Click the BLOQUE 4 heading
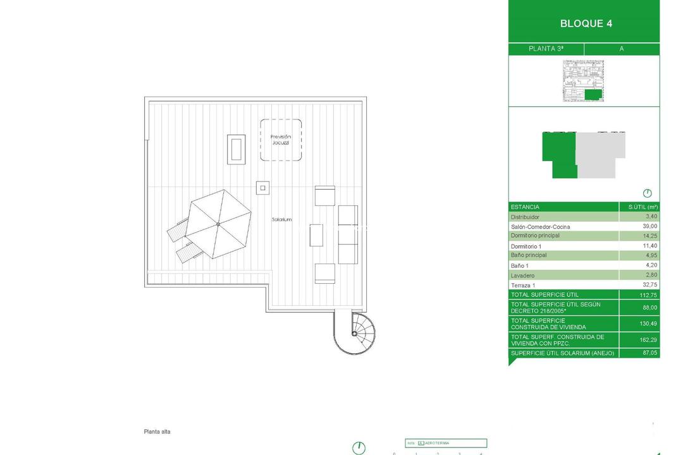(x=586, y=24)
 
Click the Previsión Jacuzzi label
(x=280, y=140)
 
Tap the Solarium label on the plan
(x=281, y=219)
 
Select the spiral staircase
(x=355, y=332)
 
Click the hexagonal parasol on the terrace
(x=218, y=224)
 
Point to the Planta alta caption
(x=157, y=432)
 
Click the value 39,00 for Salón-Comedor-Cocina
(x=651, y=226)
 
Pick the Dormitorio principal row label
(x=535, y=236)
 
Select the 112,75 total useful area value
(x=648, y=295)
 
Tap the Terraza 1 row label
(x=523, y=285)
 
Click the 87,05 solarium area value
(x=649, y=353)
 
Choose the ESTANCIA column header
(x=525, y=207)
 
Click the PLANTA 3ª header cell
(x=546, y=49)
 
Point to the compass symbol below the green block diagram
(x=647, y=193)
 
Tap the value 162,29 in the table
(x=648, y=340)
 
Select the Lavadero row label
(x=522, y=276)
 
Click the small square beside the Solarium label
(x=262, y=187)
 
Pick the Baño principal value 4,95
(x=651, y=255)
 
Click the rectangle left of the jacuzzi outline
(x=237, y=149)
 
